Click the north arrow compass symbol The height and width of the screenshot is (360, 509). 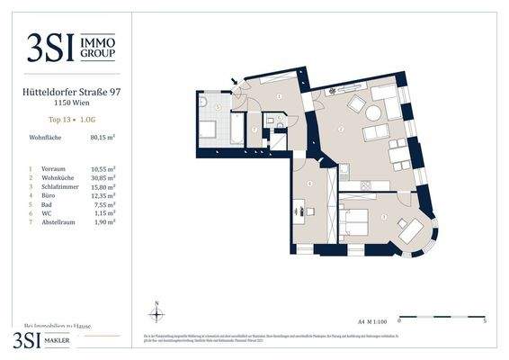(156, 312)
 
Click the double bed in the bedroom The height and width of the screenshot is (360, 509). (359, 219)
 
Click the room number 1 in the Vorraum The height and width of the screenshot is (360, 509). (280, 96)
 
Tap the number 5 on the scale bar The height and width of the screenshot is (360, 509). (486, 320)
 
